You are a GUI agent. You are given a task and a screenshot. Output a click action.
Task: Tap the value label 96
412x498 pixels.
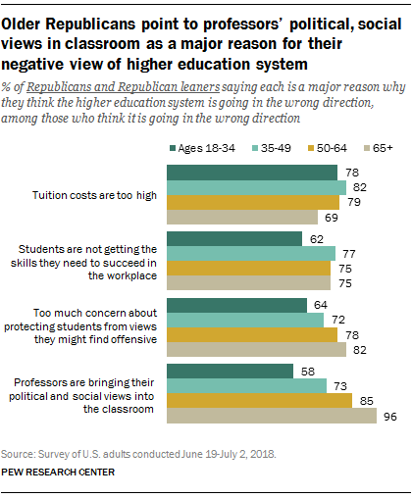tap(387, 416)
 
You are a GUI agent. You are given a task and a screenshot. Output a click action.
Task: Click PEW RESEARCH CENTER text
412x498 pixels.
tap(57, 473)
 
